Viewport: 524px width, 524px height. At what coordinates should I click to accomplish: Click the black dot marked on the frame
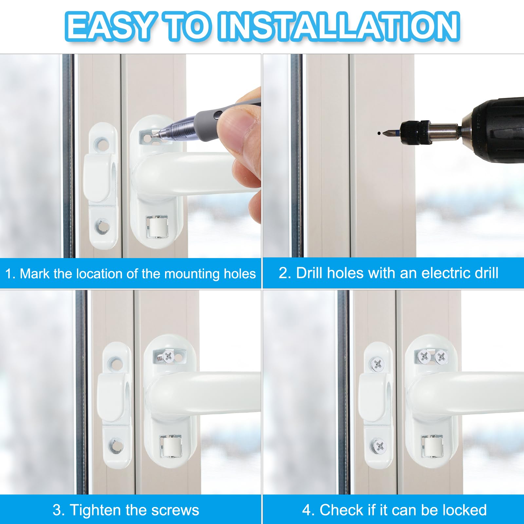pos(379,133)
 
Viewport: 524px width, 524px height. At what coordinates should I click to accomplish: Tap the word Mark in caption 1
pos(35,274)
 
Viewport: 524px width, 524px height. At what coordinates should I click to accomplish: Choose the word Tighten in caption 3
pos(95,510)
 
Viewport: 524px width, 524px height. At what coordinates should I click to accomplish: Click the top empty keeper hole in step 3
pos(115,363)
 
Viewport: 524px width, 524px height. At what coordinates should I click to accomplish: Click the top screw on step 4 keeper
pos(377,364)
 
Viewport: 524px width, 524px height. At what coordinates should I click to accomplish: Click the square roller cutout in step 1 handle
pos(157,226)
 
